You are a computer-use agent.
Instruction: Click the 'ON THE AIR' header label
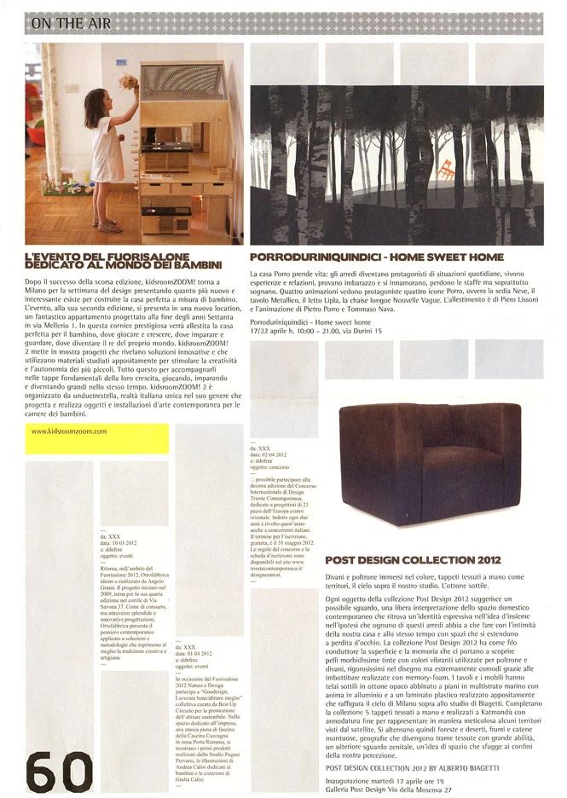[69, 24]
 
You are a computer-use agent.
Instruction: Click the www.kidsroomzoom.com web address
[69, 431]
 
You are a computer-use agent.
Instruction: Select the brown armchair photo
[429, 463]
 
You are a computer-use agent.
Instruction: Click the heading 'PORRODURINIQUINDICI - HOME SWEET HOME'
[376, 256]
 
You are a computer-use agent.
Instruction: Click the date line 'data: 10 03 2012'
[119, 542]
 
